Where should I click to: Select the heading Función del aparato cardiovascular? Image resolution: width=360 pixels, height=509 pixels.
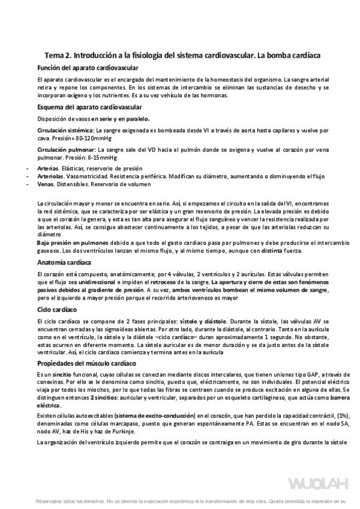88,68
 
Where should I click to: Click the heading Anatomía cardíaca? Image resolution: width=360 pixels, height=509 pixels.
64,263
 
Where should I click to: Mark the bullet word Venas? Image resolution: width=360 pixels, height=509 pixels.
46,185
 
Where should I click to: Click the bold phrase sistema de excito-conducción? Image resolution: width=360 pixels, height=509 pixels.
158,415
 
